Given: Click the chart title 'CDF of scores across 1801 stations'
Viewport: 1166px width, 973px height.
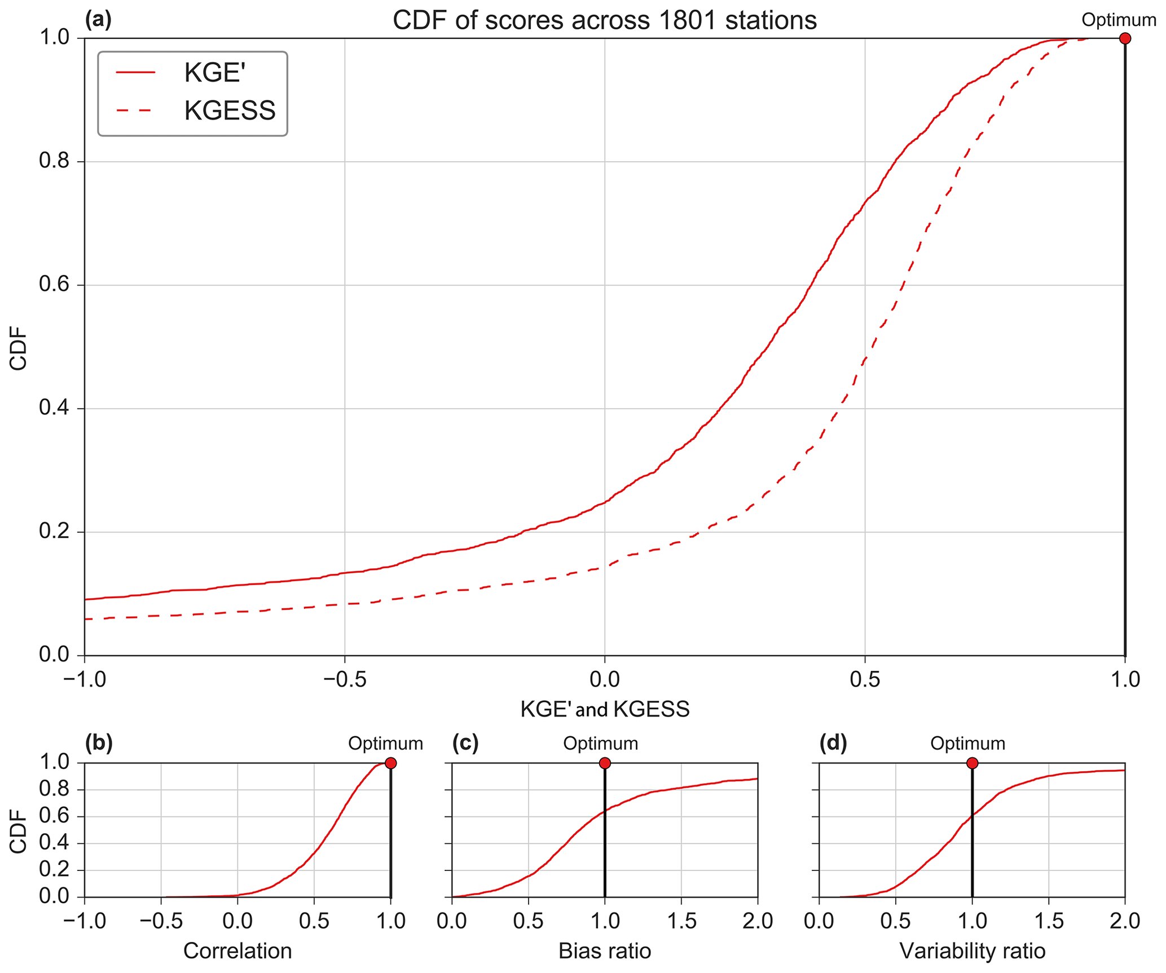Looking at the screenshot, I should point(604,21).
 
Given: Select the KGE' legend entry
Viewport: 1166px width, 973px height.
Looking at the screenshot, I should point(214,73).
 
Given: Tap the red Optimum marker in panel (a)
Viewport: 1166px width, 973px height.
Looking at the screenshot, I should point(1125,38).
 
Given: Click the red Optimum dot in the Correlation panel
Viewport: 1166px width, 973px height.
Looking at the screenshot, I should point(390,763).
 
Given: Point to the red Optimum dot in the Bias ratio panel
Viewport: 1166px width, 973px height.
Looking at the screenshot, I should point(605,763).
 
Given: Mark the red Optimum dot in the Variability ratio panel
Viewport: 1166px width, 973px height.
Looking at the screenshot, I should point(972,763).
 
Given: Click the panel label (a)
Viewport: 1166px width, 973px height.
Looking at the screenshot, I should point(98,20).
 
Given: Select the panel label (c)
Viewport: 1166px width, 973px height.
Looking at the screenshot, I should point(465,744).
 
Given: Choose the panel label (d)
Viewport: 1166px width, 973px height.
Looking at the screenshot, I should point(833,744).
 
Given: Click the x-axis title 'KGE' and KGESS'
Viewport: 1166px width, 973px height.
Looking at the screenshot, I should point(605,709).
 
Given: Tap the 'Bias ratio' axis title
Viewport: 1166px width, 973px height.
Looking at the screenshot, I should point(605,951).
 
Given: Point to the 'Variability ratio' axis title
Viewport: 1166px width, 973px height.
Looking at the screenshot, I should point(972,951).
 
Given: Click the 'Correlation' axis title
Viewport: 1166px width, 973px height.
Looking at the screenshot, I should point(237,951).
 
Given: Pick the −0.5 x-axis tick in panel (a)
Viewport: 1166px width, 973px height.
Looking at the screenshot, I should point(345,679).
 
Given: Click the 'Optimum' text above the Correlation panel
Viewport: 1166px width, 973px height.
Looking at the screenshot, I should point(385,744).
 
